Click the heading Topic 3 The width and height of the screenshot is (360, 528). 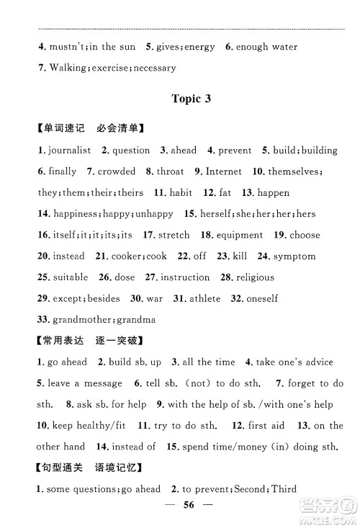click(181, 99)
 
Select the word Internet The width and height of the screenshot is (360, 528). click(223, 171)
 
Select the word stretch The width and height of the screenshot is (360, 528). click(174, 235)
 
